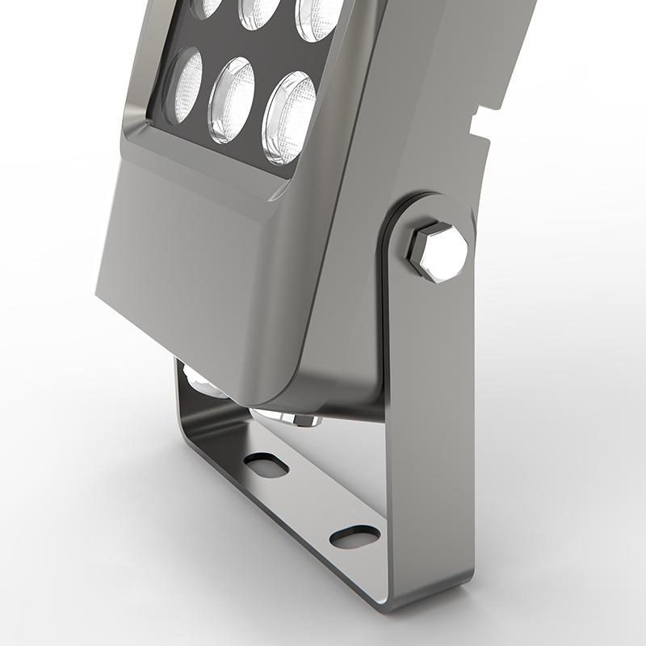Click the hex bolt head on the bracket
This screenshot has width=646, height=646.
point(437,252)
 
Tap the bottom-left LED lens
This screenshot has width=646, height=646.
point(185,86)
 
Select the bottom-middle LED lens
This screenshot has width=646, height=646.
point(232,100)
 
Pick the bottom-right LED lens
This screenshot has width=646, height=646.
point(288,118)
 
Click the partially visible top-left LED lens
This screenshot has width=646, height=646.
point(207,6)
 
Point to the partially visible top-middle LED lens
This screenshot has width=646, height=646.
point(259,10)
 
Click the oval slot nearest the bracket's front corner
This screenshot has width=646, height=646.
point(354,536)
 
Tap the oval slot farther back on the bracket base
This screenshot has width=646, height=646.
point(266,464)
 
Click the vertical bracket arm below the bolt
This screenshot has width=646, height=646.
point(428,420)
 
